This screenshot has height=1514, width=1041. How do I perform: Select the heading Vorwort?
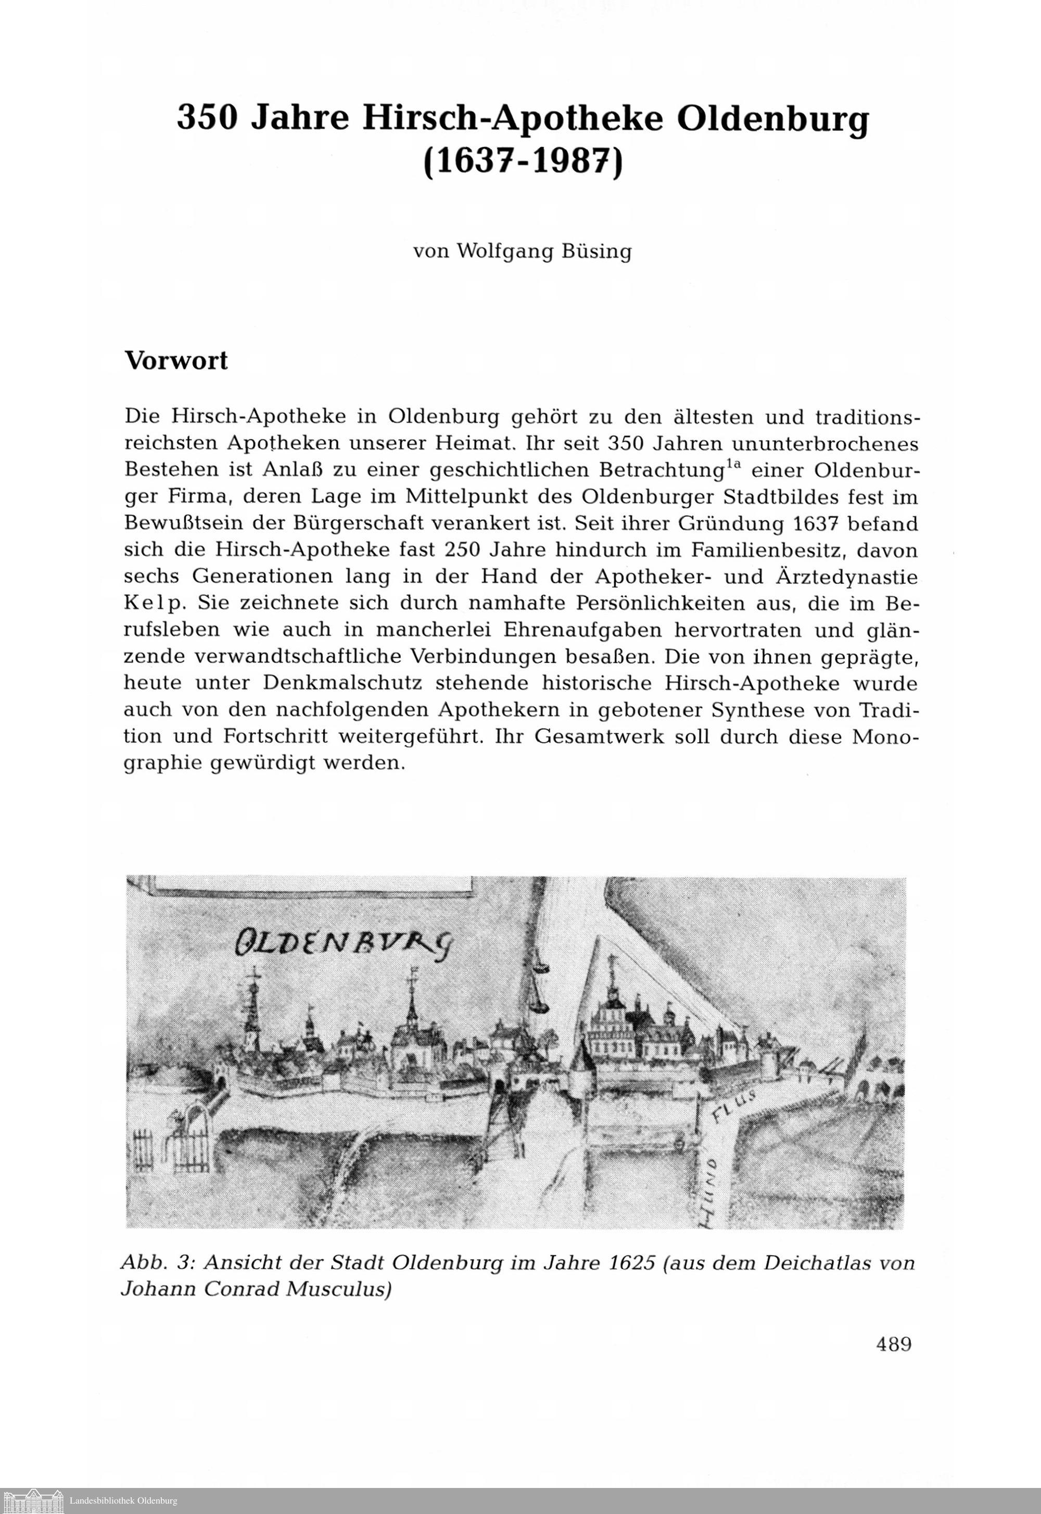tap(176, 361)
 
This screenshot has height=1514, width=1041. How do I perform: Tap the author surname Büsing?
tap(596, 252)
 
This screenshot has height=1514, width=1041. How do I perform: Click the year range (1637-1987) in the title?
tap(523, 158)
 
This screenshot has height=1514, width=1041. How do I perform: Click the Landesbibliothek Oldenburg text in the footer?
tap(123, 1501)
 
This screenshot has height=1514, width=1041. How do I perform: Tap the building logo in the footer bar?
tap(33, 1501)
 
